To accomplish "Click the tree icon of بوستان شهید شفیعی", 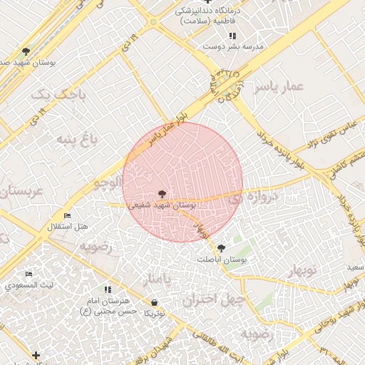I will click(x=162, y=193).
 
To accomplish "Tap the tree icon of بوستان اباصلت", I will click(x=221, y=248).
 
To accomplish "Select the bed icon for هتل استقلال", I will click(x=68, y=216).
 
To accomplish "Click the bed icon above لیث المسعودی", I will click(x=29, y=274).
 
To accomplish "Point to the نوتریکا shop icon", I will click(x=155, y=303).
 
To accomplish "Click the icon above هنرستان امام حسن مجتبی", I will click(x=108, y=289).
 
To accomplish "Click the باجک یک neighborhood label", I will click(x=53, y=93).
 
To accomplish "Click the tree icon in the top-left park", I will click(x=26, y=51).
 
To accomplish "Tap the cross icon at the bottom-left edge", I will click(x=36, y=354).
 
